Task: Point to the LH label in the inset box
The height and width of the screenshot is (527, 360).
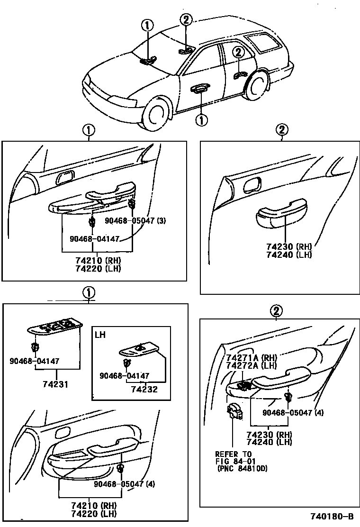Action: pos(100,334)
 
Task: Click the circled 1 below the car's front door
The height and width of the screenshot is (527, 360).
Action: pos(201,120)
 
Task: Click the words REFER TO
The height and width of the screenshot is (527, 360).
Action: pos(233,454)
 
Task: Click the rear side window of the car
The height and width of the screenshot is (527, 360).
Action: pos(263,44)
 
